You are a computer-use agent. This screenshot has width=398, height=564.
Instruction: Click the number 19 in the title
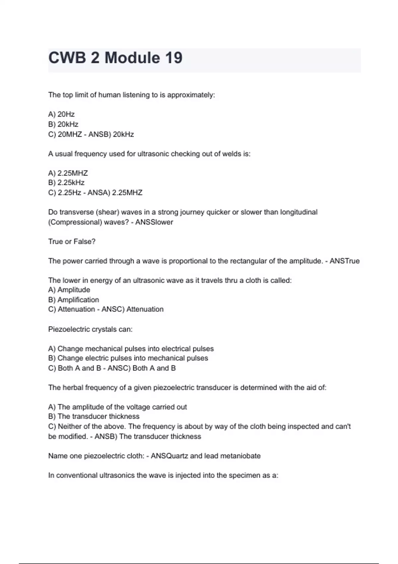point(173,58)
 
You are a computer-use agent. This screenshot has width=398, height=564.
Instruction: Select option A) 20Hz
point(61,114)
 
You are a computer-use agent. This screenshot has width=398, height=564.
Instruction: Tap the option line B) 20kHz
point(63,124)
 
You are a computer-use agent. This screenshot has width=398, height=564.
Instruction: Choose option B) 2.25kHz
point(66,183)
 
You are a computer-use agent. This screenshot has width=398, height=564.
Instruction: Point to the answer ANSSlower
point(154,222)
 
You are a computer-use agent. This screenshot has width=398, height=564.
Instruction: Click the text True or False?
point(72,242)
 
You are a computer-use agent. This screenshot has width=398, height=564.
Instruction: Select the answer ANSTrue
point(345,261)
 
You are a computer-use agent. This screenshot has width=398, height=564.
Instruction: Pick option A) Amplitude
point(69,290)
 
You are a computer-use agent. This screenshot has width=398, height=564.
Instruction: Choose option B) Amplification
point(74,300)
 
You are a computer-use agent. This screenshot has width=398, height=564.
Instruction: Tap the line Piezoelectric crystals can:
point(90,329)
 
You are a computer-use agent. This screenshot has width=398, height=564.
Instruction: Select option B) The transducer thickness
point(94,417)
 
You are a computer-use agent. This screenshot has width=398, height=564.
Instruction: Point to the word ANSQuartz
point(169,456)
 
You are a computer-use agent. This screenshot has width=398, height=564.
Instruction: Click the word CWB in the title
point(67,58)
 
